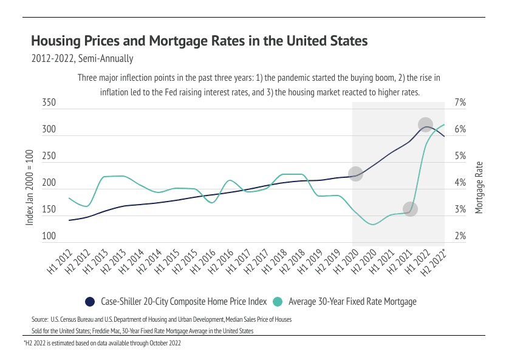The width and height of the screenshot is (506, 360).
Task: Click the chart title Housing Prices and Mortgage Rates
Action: [x=199, y=41]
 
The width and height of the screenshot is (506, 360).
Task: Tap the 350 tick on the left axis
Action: [x=49, y=104]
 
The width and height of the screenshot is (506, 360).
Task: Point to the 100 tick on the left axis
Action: [x=49, y=237]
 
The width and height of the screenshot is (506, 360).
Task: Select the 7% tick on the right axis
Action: [x=460, y=104]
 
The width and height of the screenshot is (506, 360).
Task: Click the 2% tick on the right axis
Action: [x=460, y=237]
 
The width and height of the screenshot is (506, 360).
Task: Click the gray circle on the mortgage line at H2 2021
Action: [x=410, y=209]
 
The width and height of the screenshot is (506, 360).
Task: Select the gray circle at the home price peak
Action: [x=426, y=124]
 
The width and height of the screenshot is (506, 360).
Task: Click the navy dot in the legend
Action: [x=90, y=301]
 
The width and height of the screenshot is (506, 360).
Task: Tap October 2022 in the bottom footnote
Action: [x=163, y=343]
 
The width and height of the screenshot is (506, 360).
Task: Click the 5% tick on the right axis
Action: [x=460, y=157]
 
